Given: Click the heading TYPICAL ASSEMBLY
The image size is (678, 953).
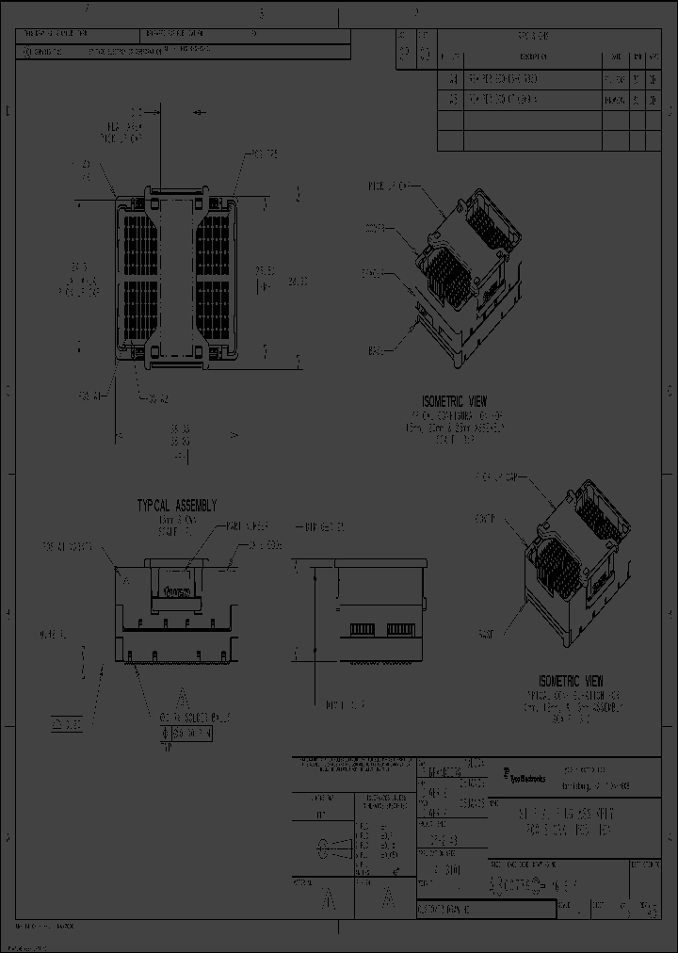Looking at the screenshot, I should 177,505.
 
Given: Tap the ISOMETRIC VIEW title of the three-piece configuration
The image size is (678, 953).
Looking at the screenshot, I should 571,681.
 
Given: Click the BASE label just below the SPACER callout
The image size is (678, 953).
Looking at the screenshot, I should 375,350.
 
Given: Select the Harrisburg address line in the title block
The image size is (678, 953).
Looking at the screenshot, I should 596,784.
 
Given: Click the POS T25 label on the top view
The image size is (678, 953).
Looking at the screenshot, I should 258,153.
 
